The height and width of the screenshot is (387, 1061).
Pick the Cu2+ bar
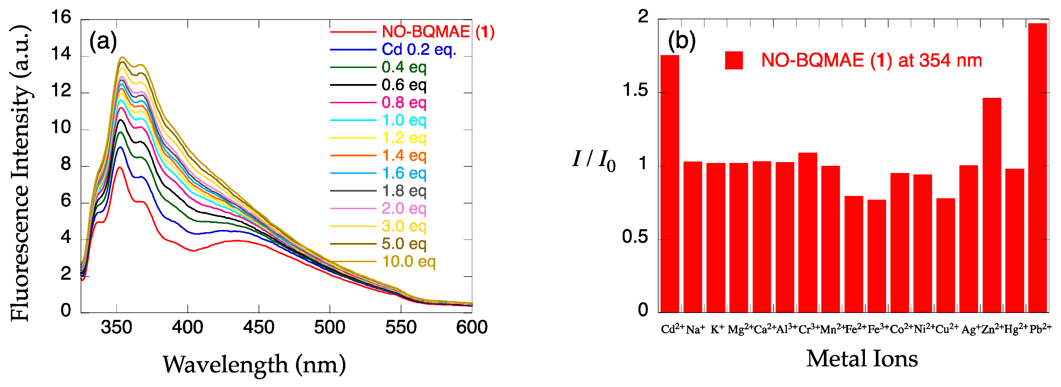(945, 255)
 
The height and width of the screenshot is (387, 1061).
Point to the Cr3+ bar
(808, 233)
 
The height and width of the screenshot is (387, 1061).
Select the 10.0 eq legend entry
(408, 261)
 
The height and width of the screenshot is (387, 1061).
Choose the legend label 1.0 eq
(404, 120)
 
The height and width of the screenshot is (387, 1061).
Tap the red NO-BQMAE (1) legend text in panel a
(438, 32)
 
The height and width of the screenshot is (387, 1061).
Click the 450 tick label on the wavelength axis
(259, 328)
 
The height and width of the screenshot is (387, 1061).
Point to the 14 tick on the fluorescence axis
(61, 54)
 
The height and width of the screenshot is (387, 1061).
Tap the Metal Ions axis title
(862, 359)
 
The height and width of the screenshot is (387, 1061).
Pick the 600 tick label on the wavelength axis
(472, 328)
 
